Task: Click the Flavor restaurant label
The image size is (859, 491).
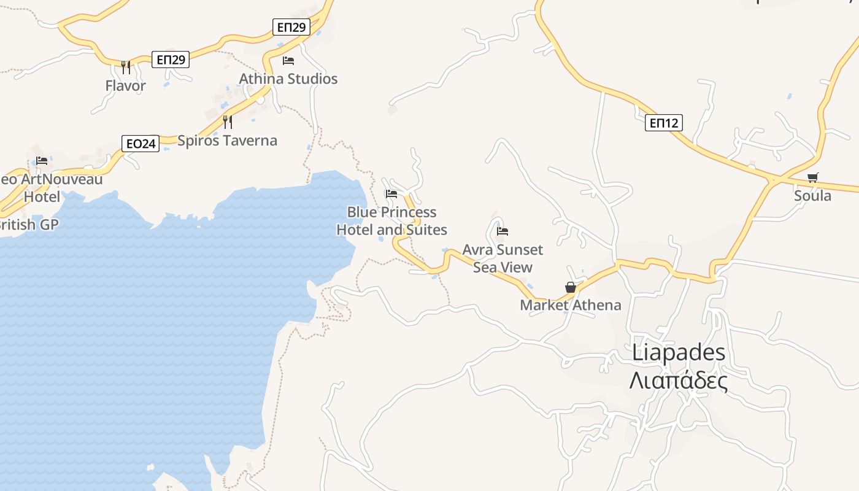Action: [125, 86]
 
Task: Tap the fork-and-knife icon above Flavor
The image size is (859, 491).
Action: [125, 67]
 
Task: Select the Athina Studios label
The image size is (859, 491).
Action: [288, 79]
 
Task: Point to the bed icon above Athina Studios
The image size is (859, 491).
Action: [288, 60]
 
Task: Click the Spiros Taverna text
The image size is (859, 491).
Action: [227, 141]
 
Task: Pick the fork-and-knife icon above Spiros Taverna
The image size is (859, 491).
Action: [227, 122]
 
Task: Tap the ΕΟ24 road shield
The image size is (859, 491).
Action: [141, 144]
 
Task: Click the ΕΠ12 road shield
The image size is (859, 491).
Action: [664, 123]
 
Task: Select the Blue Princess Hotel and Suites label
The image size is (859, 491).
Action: [391, 221]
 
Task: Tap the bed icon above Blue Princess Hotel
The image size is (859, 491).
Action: [391, 194]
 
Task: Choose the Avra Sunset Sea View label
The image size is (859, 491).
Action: [503, 258]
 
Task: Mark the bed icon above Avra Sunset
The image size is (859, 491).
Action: [503, 231]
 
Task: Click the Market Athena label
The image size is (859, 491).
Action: [571, 305]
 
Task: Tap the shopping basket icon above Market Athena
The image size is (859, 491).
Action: [571, 287]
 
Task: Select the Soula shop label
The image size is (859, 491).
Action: [812, 196]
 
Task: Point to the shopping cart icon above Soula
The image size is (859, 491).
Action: [812, 178]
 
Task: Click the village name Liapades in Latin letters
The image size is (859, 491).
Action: [679, 352]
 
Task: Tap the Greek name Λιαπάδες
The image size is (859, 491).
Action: [679, 381]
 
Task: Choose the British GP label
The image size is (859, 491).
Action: [28, 225]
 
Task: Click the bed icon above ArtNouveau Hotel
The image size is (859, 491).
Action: [42, 161]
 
